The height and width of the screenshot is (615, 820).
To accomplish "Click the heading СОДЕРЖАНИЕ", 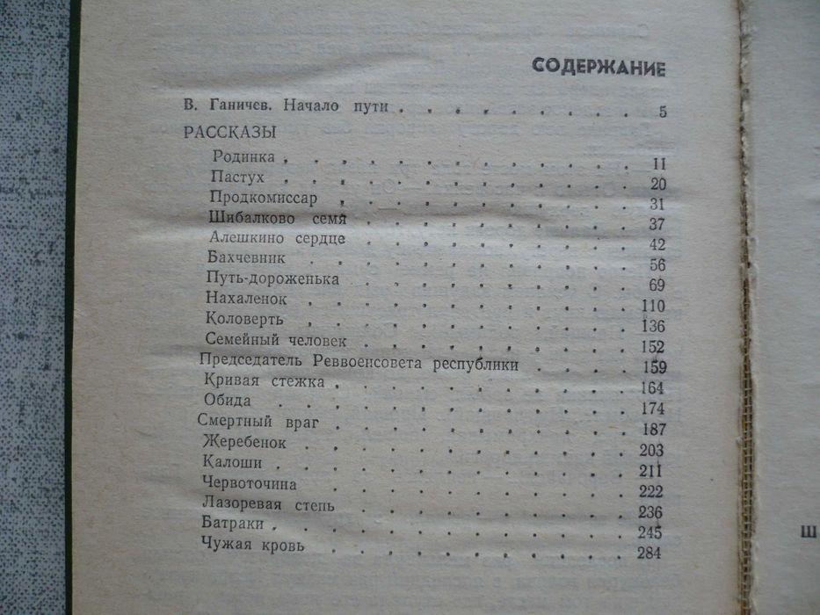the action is pos(599,69).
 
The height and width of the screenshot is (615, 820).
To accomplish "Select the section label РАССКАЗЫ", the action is pos(229,133).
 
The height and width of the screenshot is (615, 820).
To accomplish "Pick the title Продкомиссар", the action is pos(263,197).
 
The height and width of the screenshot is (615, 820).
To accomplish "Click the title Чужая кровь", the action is pos(253,546).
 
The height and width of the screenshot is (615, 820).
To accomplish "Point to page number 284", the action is pos(649,553).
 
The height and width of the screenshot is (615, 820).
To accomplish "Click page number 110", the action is pos(653,306).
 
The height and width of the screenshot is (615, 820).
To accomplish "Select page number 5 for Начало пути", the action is pos(662,112).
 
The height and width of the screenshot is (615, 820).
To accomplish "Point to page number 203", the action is pos(651,450).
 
